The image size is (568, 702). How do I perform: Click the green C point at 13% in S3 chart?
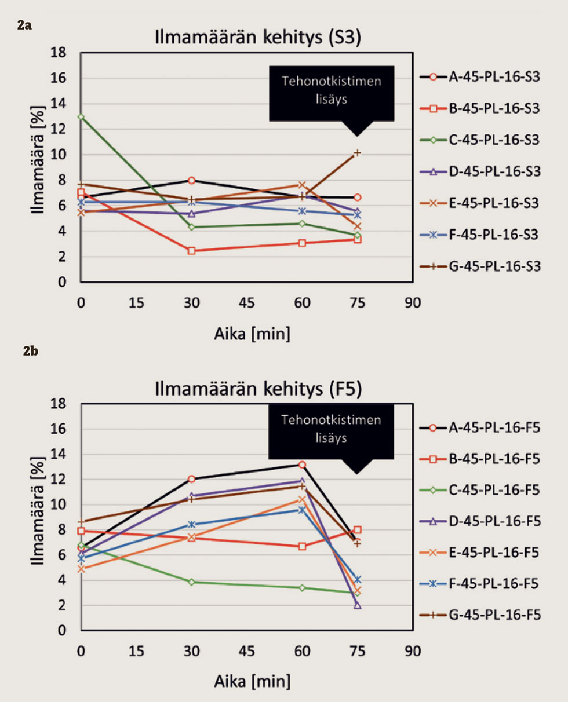[x=81, y=117]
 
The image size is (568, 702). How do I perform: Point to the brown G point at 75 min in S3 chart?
[x=357, y=153]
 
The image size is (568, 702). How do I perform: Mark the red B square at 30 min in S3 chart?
[x=191, y=251]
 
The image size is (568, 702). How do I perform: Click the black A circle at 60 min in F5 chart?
[x=302, y=465]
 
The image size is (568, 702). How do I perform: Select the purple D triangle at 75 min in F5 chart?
[x=357, y=605]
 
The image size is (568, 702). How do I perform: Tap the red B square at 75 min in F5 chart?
[x=357, y=529]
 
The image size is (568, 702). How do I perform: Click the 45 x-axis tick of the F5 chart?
[x=247, y=652]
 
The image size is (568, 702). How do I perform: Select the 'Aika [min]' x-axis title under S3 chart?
[x=246, y=334]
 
